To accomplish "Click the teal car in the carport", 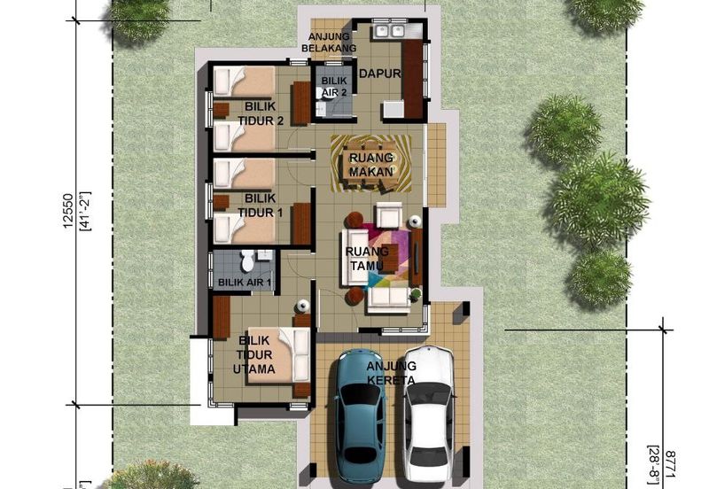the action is pyautogui.click(x=361, y=415).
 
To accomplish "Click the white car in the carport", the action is pyautogui.click(x=428, y=415).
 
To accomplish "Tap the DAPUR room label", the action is pyautogui.click(x=380, y=74).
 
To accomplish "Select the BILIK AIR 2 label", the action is pyautogui.click(x=334, y=86).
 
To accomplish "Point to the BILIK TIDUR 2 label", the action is pyautogui.click(x=261, y=113).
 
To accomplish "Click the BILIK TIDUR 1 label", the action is pyautogui.click(x=261, y=206).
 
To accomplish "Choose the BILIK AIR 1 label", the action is pyautogui.click(x=245, y=283).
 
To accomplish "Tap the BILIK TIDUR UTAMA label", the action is pyautogui.click(x=254, y=354).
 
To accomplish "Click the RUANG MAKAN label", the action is pyautogui.click(x=370, y=165).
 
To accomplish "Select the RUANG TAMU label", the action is pyautogui.click(x=367, y=258).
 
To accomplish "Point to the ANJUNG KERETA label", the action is pyautogui.click(x=391, y=373).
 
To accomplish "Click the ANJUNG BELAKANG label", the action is pyautogui.click(x=329, y=42).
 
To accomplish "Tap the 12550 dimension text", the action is pyautogui.click(x=68, y=211).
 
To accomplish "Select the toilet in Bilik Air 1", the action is pyautogui.click(x=246, y=260).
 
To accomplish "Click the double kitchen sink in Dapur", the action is pyautogui.click(x=388, y=31).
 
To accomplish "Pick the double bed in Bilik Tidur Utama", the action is pyautogui.click(x=278, y=355).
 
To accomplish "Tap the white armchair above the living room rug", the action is pyautogui.click(x=389, y=214).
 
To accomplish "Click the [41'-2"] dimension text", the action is pyautogui.click(x=85, y=211).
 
